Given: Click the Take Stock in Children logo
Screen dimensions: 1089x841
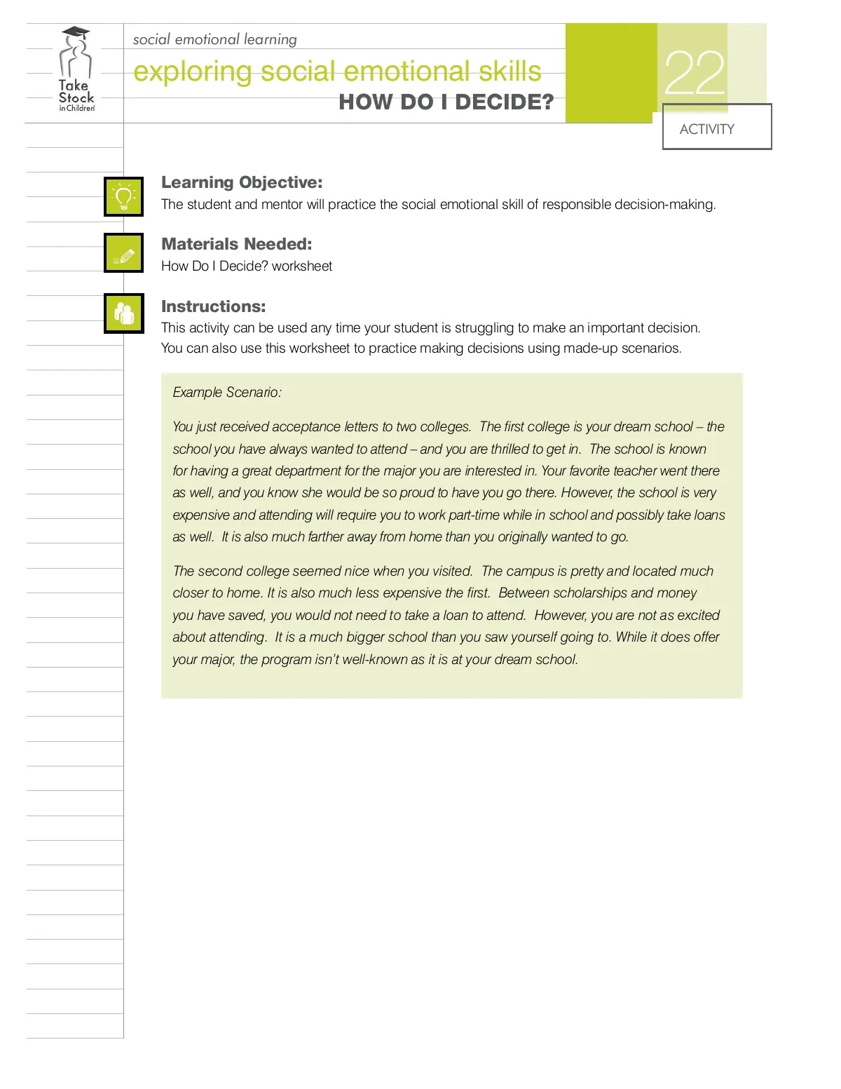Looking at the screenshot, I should pyautogui.click(x=76, y=70).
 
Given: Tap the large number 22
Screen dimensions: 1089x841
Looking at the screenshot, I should pyautogui.click(x=695, y=74).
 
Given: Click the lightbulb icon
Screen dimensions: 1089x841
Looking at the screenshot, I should pyautogui.click(x=124, y=197).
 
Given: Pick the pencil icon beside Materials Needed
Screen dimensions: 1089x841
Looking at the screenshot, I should pyautogui.click(x=124, y=253).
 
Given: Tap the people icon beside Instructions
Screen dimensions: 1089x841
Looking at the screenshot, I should pyautogui.click(x=124, y=313).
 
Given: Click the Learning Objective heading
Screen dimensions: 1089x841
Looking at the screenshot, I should pyautogui.click(x=242, y=182).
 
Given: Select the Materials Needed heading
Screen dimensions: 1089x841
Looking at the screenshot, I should pyautogui.click(x=237, y=244).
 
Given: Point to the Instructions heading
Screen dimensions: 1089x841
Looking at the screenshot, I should pyautogui.click(x=214, y=306).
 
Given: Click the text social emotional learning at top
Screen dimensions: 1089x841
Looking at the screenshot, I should pyautogui.click(x=215, y=39).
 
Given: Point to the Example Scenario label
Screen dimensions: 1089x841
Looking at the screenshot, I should pyautogui.click(x=227, y=393).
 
